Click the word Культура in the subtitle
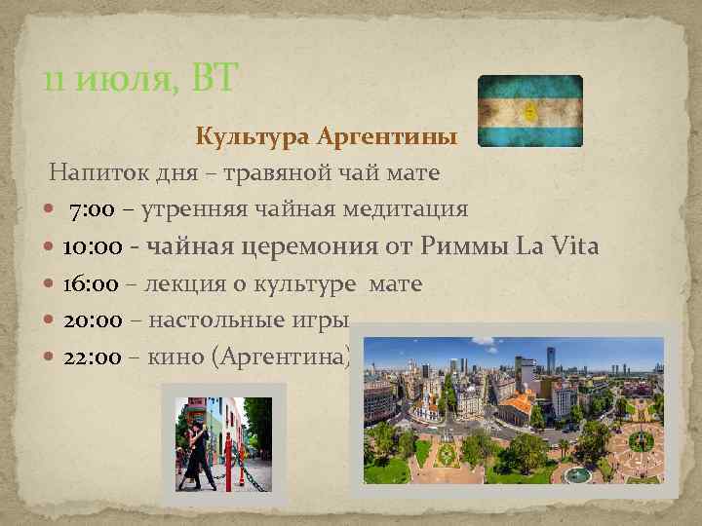click(x=252, y=136)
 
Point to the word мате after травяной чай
click(x=414, y=173)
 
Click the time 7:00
click(x=94, y=209)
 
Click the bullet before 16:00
click(x=50, y=284)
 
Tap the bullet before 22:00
click(x=50, y=357)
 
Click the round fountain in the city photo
click(x=578, y=473)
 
